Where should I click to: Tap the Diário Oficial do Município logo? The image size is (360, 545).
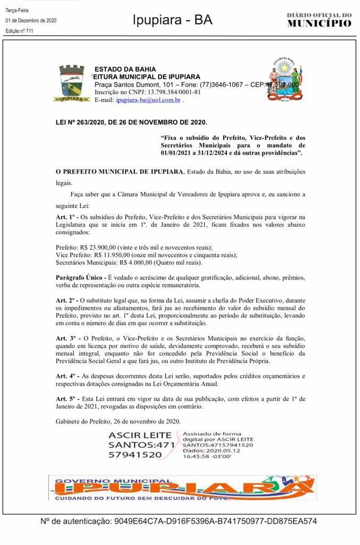point(319,20)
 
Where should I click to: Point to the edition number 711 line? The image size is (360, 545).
point(19,31)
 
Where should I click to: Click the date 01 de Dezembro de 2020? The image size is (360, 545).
point(31,20)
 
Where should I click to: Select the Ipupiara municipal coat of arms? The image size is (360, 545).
point(71,83)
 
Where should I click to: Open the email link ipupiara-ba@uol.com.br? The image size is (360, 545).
point(148,100)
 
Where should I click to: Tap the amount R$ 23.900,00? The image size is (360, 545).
point(102,247)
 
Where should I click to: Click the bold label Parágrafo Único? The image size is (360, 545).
point(80,278)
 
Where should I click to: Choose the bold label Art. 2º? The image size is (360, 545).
point(66,300)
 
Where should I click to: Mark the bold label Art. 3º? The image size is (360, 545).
point(66,338)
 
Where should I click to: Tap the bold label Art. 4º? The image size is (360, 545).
point(66,376)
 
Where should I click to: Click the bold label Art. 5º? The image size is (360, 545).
point(66,399)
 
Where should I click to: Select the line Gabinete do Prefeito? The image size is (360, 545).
point(118,421)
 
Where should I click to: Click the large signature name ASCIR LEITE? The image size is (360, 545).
point(140,435)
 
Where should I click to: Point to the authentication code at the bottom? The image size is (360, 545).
point(215,522)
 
